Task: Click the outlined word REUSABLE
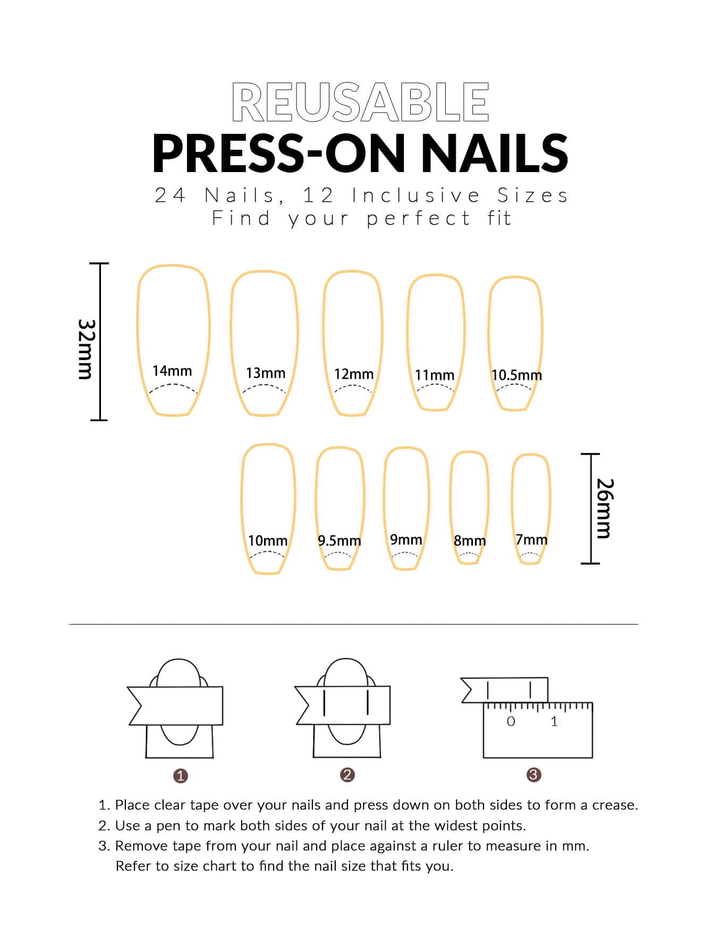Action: pyautogui.click(x=360, y=102)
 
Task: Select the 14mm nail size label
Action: pyautogui.click(x=172, y=371)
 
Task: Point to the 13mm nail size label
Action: pyautogui.click(x=266, y=373)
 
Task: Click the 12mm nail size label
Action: pyautogui.click(x=354, y=374)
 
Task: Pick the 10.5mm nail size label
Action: pyautogui.click(x=516, y=375)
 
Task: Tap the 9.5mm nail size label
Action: pyautogui.click(x=340, y=541)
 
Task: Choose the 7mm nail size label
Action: pyautogui.click(x=531, y=540)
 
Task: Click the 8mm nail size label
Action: pyautogui.click(x=470, y=541)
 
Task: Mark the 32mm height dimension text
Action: pyautogui.click(x=86, y=349)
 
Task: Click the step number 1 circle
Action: pyautogui.click(x=181, y=776)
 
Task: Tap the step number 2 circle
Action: pyautogui.click(x=347, y=775)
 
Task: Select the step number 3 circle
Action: pyautogui.click(x=533, y=775)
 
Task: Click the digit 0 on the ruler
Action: pyautogui.click(x=511, y=721)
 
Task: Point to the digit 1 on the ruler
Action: pyautogui.click(x=554, y=721)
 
